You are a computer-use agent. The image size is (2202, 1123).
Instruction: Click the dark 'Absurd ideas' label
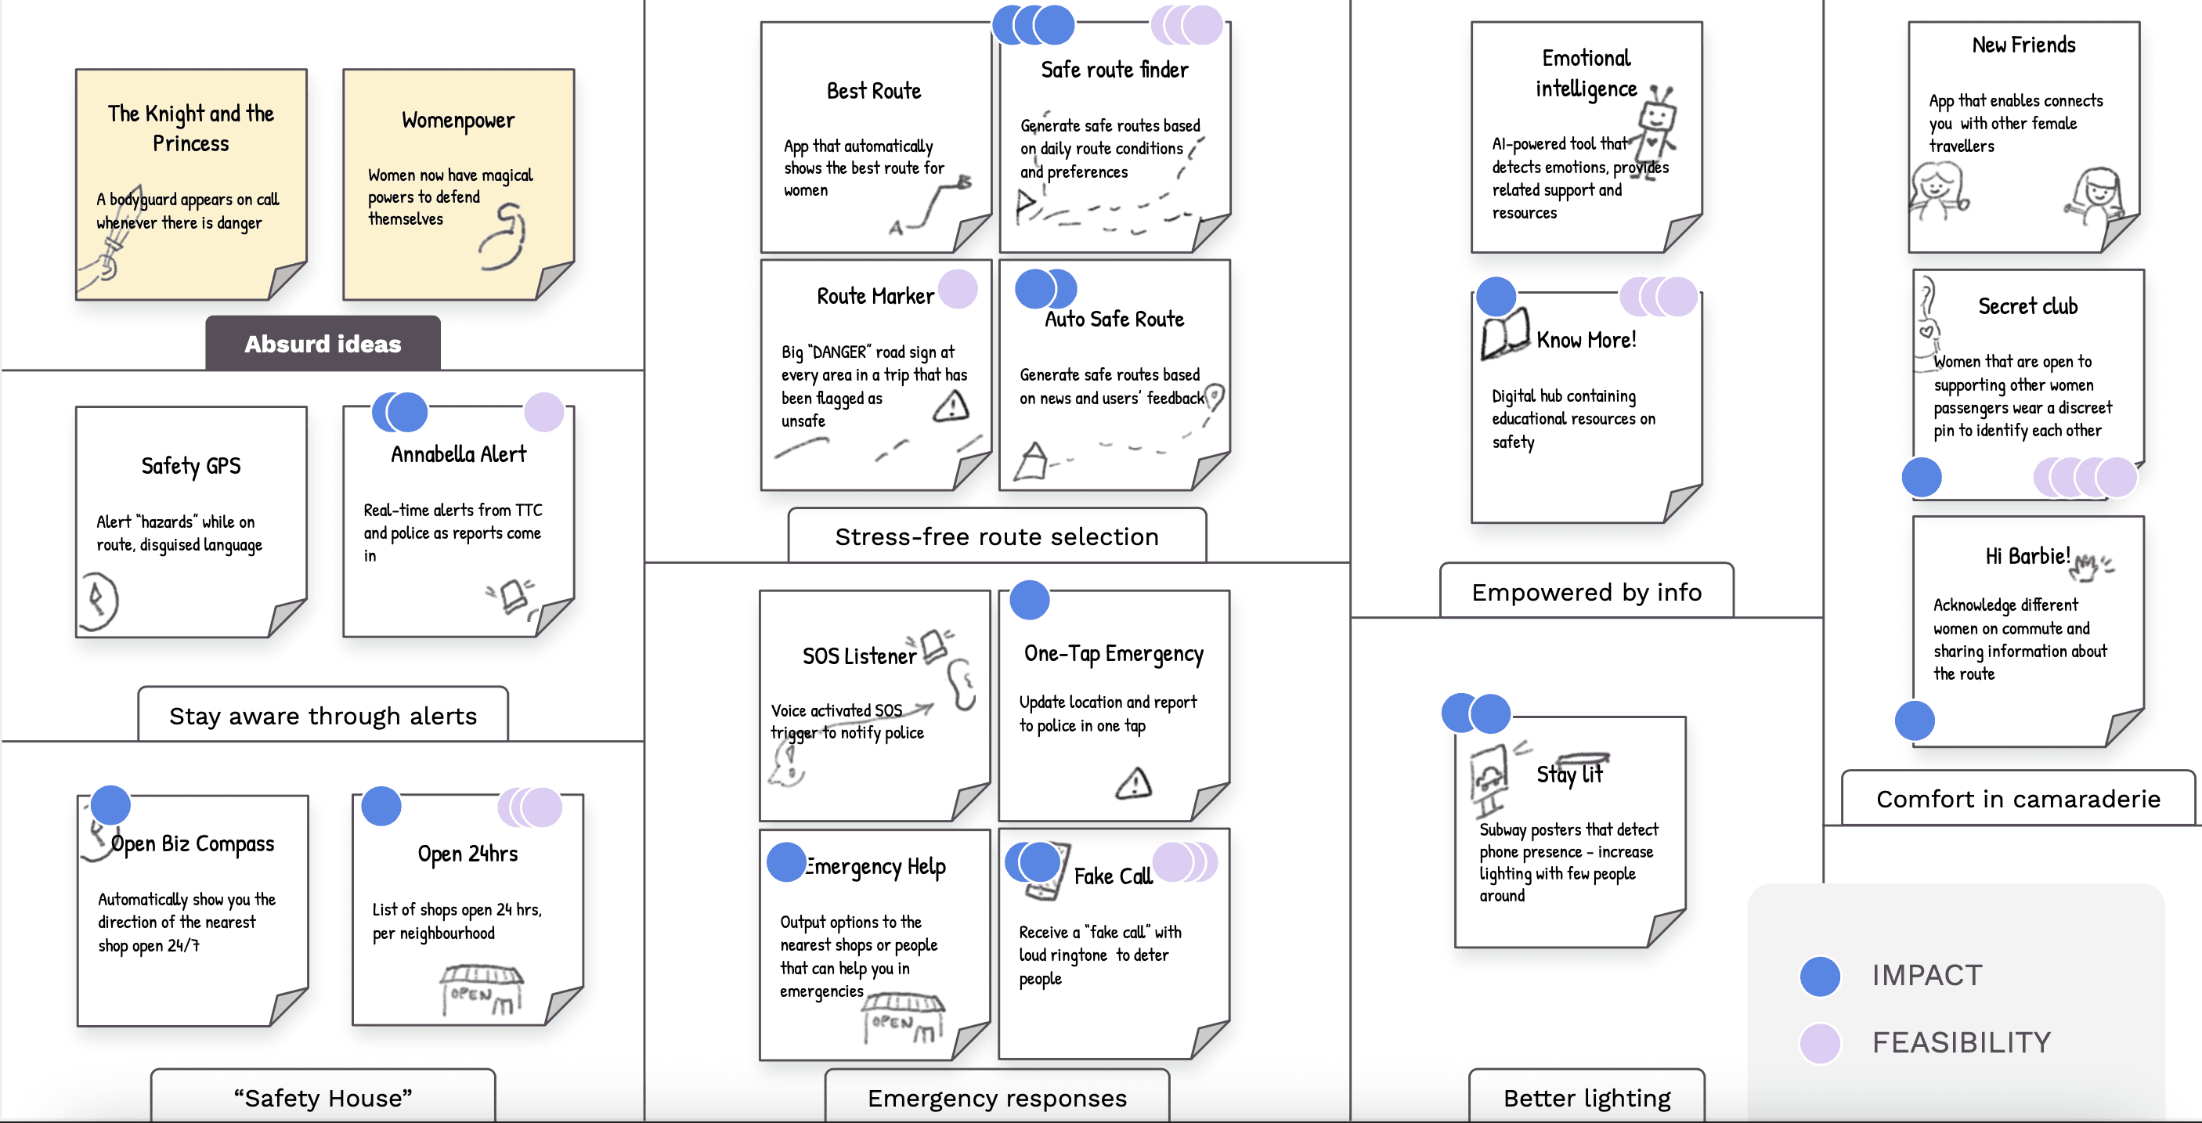coord(323,344)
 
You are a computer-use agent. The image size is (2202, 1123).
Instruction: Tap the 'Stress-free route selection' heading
coord(996,536)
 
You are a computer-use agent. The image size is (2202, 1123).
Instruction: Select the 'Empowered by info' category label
coord(1586,592)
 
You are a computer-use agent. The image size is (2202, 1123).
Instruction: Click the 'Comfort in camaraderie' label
coord(2017,799)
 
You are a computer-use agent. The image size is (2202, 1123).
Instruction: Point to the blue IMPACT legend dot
coord(1820,976)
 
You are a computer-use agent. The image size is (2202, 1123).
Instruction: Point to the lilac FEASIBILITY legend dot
coord(1820,1042)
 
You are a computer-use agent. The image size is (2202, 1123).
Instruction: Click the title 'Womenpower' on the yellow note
coord(458,121)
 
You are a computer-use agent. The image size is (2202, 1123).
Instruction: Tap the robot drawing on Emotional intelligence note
coord(1657,124)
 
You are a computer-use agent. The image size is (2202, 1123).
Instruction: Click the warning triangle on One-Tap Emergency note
coord(1133,783)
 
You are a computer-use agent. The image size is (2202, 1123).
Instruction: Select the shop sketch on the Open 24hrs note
coord(482,990)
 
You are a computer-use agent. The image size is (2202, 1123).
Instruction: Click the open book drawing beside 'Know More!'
coord(1504,336)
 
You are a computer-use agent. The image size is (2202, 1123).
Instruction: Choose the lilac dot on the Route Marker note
coord(958,289)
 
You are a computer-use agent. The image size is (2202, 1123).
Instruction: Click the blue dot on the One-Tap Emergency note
coord(1029,600)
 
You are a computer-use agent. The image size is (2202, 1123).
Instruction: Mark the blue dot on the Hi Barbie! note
coord(1914,720)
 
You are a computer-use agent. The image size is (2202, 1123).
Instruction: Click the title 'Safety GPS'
coord(190,466)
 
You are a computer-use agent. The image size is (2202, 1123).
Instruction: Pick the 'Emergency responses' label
coord(997,1098)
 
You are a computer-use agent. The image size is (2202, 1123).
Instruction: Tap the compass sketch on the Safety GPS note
coord(99,600)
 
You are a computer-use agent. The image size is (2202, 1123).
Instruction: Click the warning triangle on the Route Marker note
coord(951,406)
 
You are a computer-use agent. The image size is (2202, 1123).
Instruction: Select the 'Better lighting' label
coord(1587,1098)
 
